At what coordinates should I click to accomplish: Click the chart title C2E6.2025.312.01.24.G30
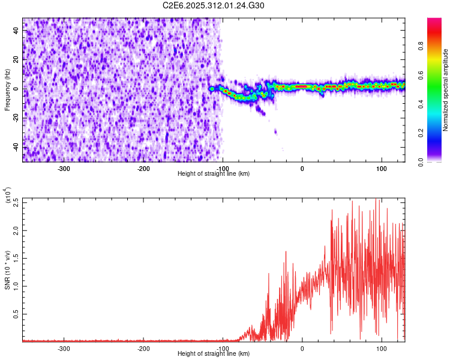coord(214,5)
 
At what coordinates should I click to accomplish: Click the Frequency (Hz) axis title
coord(7,89)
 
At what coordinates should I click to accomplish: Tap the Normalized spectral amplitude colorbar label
coord(445,89)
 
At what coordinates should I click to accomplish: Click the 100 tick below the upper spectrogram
coord(381,169)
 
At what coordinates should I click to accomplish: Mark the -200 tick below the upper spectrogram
coord(143,169)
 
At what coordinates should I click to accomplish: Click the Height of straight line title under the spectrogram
coord(214,174)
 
